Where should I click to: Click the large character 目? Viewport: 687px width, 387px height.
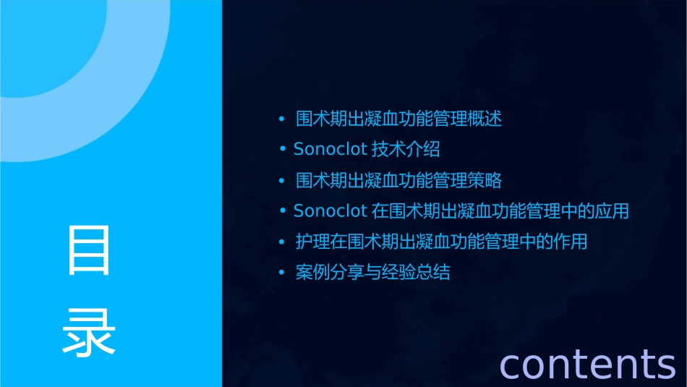[89, 250]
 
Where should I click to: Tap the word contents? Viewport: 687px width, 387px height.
[587, 363]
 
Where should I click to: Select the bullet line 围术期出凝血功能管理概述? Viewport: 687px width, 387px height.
[398, 119]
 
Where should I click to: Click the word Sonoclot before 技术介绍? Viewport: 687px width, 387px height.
[330, 150]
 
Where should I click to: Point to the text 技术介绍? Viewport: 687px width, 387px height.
[406, 150]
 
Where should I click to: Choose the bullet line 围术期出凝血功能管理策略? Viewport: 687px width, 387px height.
[398, 180]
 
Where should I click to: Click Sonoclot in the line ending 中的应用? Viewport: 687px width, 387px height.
[330, 211]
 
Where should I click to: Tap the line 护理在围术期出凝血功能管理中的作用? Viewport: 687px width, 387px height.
[441, 242]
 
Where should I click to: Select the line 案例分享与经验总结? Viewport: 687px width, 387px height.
[373, 273]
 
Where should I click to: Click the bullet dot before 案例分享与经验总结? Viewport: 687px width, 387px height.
[282, 273]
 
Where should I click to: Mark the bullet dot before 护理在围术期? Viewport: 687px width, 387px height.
[282, 242]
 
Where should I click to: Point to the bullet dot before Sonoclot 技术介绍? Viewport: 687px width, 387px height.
[283, 150]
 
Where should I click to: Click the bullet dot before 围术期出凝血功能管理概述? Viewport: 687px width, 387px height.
[282, 119]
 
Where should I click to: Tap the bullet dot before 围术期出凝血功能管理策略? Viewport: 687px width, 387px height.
[282, 180]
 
